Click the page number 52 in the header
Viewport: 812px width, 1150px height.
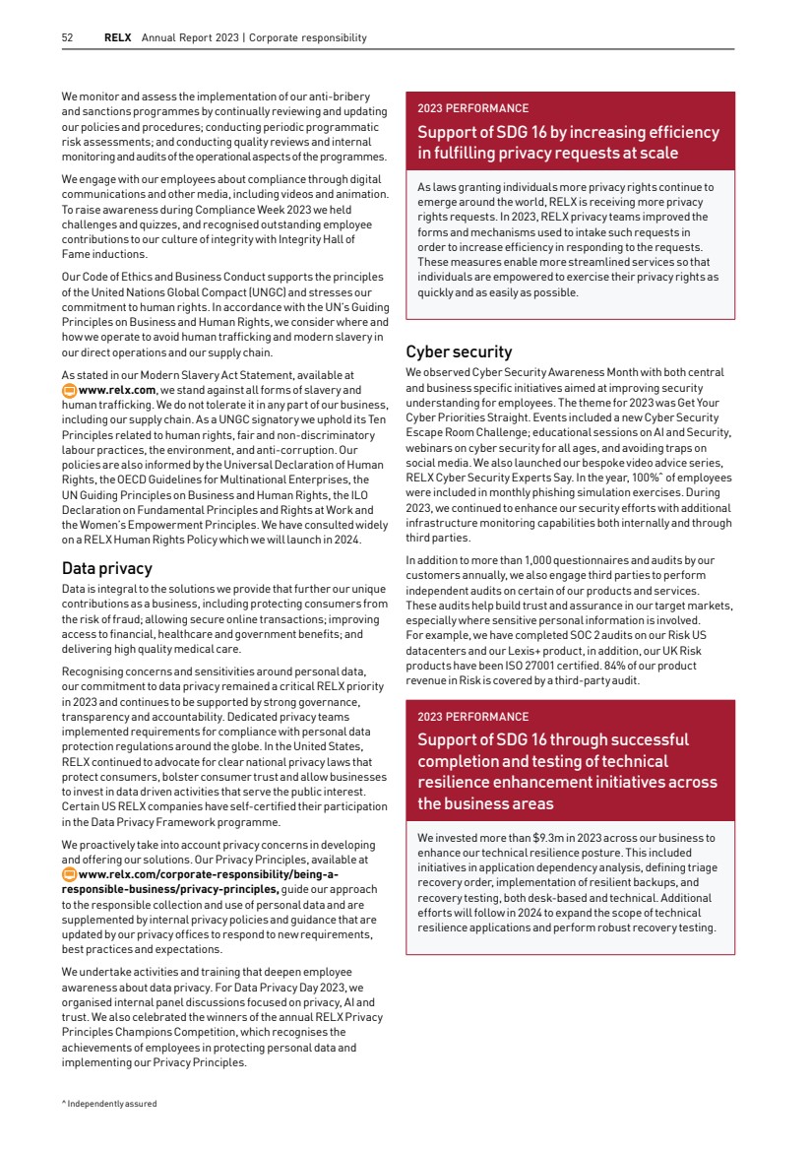click(x=67, y=38)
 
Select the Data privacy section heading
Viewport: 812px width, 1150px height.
click(x=106, y=568)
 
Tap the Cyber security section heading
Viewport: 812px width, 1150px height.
click(x=459, y=351)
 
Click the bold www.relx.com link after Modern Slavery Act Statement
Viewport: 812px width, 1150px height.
click(x=116, y=389)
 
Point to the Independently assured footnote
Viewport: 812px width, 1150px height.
click(x=109, y=1104)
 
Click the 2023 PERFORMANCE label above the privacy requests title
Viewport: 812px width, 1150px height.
click(x=472, y=108)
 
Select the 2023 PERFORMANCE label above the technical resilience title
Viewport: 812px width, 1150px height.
click(x=472, y=717)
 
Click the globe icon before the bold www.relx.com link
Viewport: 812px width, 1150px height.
click(x=68, y=389)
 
